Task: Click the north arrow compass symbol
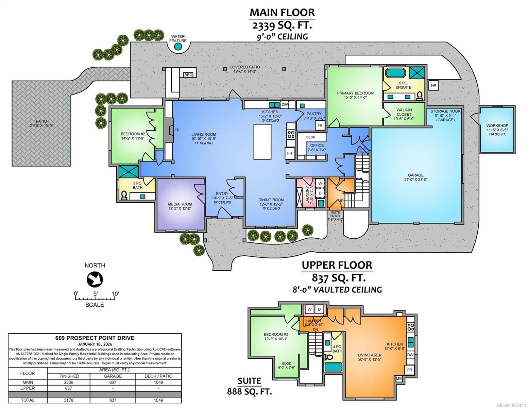[x=95, y=279]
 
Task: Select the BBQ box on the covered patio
[x=188, y=75]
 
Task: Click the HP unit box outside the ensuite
[x=433, y=85]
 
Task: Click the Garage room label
[x=415, y=175]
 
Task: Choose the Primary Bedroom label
[x=355, y=93]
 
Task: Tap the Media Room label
[x=180, y=204]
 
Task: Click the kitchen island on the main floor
[x=262, y=141]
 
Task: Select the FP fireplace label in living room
[x=177, y=130]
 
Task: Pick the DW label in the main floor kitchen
[x=285, y=105]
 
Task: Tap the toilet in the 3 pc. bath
[x=124, y=195]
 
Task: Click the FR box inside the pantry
[x=320, y=125]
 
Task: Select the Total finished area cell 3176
[x=69, y=400]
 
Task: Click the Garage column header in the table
[x=113, y=376]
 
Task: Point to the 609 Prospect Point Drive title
[x=95, y=338]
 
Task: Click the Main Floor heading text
[x=282, y=12]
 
